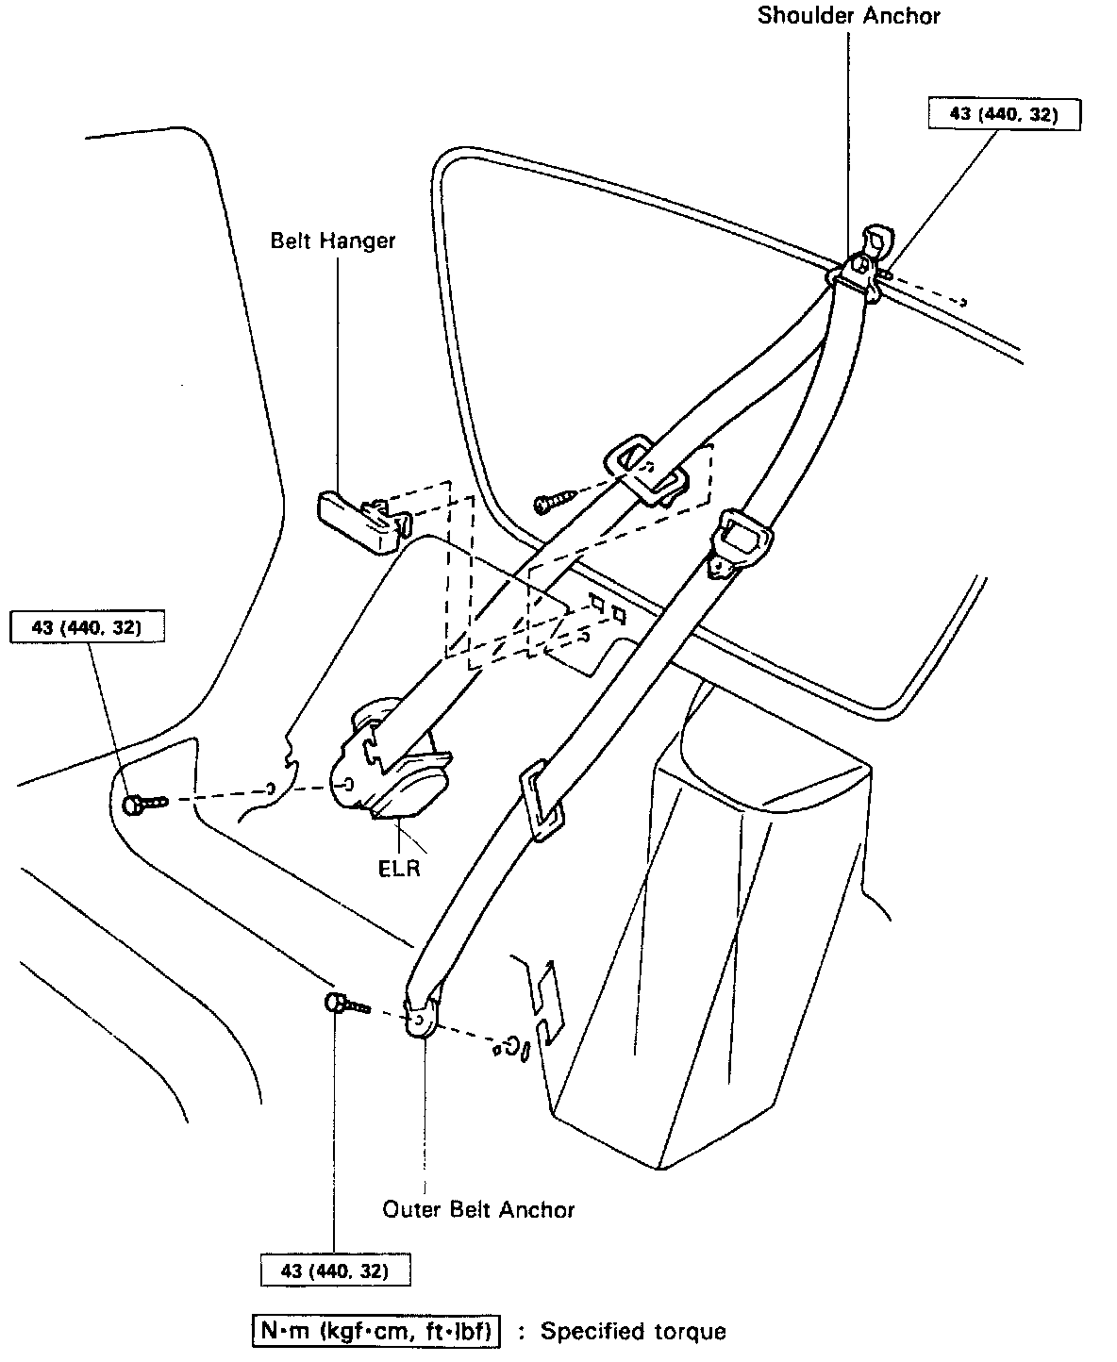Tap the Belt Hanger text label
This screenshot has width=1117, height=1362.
click(333, 241)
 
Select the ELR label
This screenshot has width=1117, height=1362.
click(399, 869)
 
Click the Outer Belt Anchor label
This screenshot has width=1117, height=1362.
click(478, 1209)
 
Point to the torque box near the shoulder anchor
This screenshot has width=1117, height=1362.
click(1004, 114)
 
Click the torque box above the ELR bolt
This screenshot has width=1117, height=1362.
click(86, 628)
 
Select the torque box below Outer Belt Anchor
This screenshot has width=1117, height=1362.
click(335, 1271)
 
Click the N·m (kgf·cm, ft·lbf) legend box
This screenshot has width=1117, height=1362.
click(376, 1331)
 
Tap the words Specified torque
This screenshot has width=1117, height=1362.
click(633, 1332)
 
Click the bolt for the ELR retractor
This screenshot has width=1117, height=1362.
click(143, 804)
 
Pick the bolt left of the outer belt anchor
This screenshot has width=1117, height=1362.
click(346, 1005)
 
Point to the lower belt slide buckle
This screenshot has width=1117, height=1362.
click(542, 800)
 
